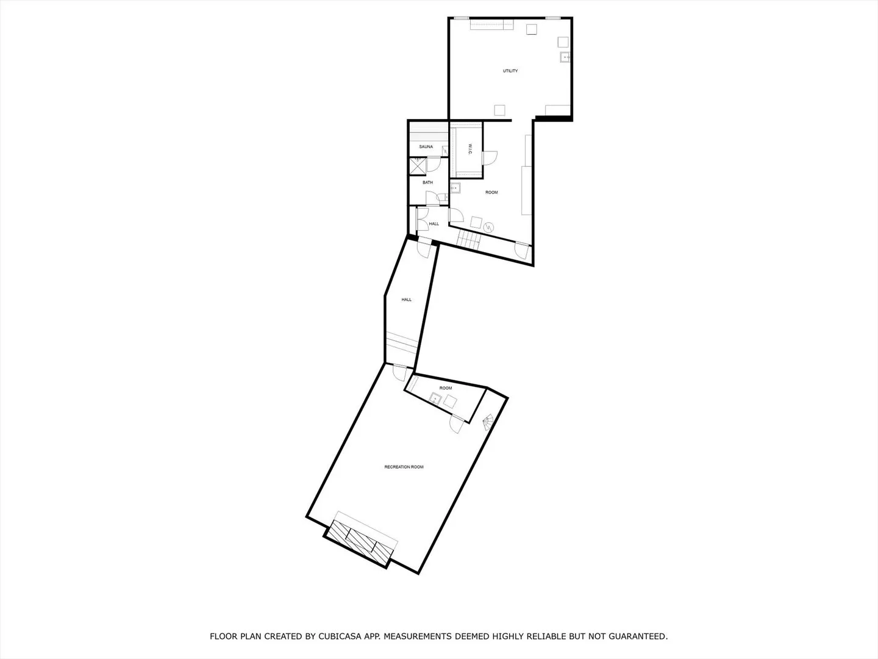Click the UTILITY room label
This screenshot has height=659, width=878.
click(x=510, y=71)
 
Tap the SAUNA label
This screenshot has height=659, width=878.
click(x=426, y=147)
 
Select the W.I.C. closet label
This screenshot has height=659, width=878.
click(x=470, y=149)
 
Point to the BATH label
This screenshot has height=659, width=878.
click(x=427, y=182)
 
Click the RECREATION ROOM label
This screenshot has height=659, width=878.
click(x=404, y=467)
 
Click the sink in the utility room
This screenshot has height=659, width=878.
click(x=565, y=57)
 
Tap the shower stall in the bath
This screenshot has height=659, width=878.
click(x=418, y=166)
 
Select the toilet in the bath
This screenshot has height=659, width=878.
click(x=443, y=197)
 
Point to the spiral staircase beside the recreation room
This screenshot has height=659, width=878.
click(x=488, y=422)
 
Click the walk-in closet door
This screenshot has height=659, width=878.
click(x=489, y=157)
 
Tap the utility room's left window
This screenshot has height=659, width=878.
click(x=461, y=18)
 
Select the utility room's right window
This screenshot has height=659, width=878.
click(x=553, y=18)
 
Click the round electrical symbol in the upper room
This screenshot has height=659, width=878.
click(x=488, y=228)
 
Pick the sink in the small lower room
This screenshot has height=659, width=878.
click(x=435, y=398)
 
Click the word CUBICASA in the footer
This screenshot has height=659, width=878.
click(x=346, y=636)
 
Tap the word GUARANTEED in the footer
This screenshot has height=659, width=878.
click(x=638, y=636)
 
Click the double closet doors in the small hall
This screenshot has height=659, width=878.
click(x=421, y=219)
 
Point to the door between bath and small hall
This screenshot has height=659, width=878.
click(x=432, y=198)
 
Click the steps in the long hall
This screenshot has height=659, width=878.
click(x=401, y=344)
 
